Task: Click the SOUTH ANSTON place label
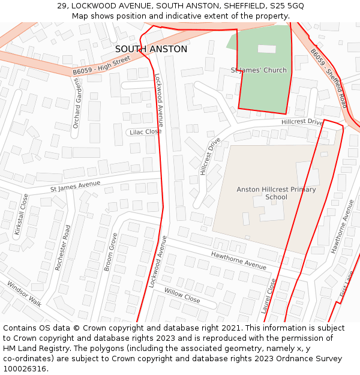[151, 49]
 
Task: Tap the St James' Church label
[259, 70]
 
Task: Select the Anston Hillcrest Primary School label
[276, 193]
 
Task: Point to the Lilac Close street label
[145, 132]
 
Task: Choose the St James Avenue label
[76, 186]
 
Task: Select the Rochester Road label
[63, 247]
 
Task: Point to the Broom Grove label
[110, 252]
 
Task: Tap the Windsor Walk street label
[25, 293]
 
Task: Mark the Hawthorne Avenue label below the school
[238, 260]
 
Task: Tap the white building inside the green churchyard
[266, 49]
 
